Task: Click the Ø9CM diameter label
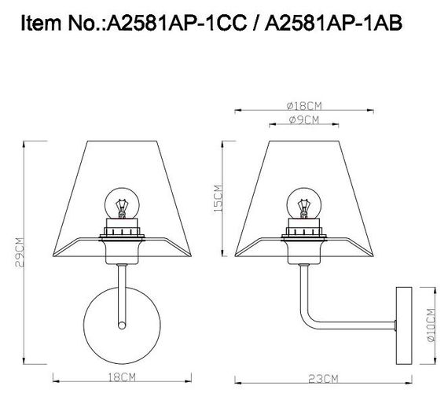coord(303,119)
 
